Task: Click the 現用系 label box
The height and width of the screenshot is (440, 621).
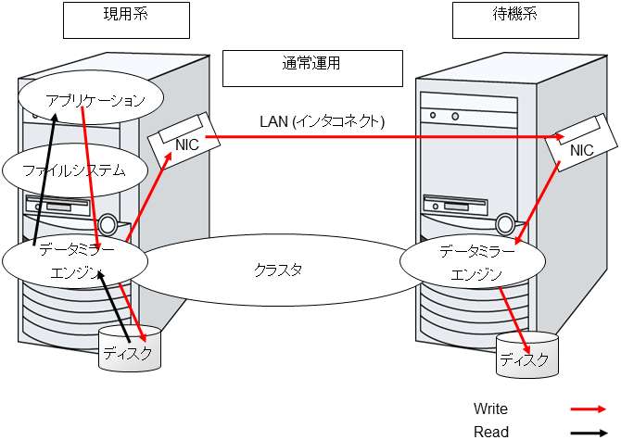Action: [x=125, y=19]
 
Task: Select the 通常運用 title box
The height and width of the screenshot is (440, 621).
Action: [x=312, y=67]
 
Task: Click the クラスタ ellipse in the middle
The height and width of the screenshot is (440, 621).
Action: [x=278, y=270]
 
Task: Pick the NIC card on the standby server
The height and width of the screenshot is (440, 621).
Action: [x=580, y=148]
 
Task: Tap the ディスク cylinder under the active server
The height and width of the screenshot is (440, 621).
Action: [x=129, y=350]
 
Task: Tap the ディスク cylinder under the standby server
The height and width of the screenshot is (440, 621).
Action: [x=527, y=357]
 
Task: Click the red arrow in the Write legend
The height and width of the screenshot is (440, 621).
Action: [x=589, y=409]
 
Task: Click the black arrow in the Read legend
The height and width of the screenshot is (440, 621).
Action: [x=589, y=432]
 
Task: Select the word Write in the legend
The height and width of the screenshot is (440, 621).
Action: [x=490, y=409]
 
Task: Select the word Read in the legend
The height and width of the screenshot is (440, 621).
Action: [x=489, y=432]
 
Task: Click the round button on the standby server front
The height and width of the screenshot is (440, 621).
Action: [x=504, y=224]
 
